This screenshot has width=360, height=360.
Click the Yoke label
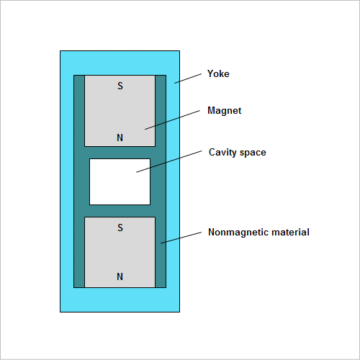click(x=218, y=73)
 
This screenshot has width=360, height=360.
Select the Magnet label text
click(x=225, y=111)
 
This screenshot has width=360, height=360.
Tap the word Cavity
click(x=222, y=153)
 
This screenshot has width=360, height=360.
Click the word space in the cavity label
click(x=253, y=153)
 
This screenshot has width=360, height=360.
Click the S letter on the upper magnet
click(x=120, y=86)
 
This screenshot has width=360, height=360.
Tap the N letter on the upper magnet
click(x=120, y=138)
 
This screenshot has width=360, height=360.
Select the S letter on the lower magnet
click(x=120, y=228)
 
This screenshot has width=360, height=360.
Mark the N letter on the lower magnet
click(x=120, y=276)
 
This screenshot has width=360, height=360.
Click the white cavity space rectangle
click(x=120, y=181)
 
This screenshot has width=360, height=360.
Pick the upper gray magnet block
click(x=120, y=111)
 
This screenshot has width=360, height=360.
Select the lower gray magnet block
click(x=120, y=252)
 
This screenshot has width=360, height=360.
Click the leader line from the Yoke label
click(x=188, y=78)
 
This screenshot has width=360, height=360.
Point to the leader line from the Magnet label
click(x=172, y=120)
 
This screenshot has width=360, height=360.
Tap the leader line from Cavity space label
click(x=169, y=161)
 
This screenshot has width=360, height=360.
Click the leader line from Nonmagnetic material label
click(x=181, y=238)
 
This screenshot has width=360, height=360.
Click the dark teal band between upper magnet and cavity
click(x=120, y=153)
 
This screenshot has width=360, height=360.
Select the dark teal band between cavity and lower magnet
click(x=120, y=211)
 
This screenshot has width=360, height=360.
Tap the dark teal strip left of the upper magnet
click(x=79, y=111)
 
